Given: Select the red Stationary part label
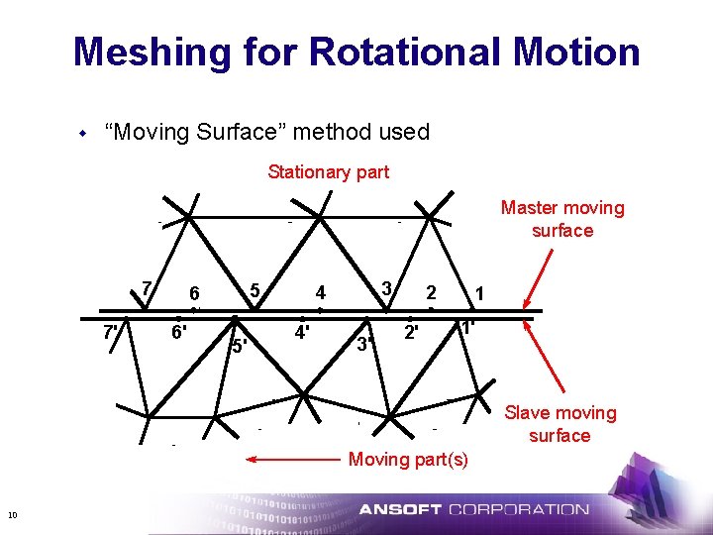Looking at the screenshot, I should click(328, 172).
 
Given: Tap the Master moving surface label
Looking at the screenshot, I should click(561, 219).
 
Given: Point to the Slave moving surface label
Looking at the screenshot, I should click(560, 424).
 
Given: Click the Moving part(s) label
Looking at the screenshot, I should click(407, 459).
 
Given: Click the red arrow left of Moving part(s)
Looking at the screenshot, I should click(293, 460).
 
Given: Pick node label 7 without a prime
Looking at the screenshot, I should click(146, 288).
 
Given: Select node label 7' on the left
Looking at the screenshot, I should click(112, 332).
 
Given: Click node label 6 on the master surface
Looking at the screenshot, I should click(195, 293).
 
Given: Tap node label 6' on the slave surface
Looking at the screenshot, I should click(179, 332).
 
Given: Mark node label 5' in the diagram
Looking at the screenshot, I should click(239, 346).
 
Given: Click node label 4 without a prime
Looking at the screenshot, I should click(320, 293).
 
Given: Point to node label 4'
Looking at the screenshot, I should click(304, 332).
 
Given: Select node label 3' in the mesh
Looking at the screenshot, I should click(365, 345).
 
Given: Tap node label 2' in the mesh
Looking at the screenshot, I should click(411, 332).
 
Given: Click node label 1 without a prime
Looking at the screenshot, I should click(479, 293).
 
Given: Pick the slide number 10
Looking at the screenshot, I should click(12, 513).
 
